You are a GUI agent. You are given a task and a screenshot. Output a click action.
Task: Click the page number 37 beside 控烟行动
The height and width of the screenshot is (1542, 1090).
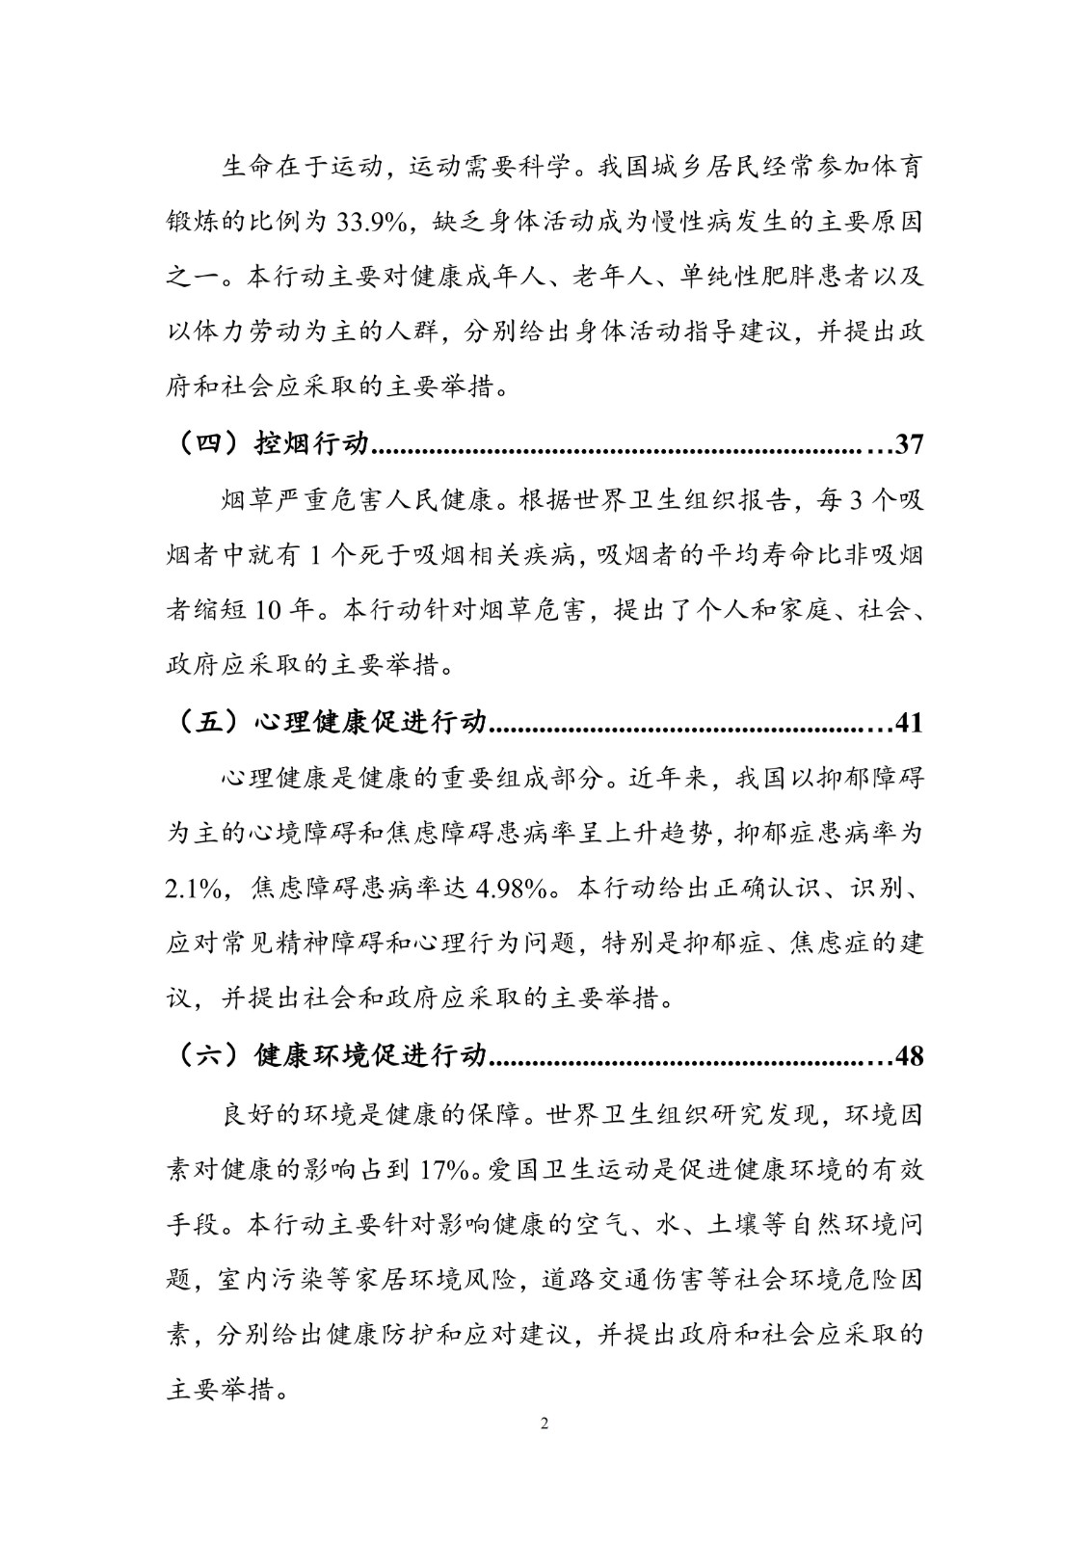point(909,444)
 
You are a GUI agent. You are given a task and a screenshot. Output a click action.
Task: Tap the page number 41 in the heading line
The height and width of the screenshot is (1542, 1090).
point(909,722)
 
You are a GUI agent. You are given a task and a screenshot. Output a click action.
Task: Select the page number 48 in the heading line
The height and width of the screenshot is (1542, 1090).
point(909,1055)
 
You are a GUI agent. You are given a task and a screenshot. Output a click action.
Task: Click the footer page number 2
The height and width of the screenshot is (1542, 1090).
point(545,1423)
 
